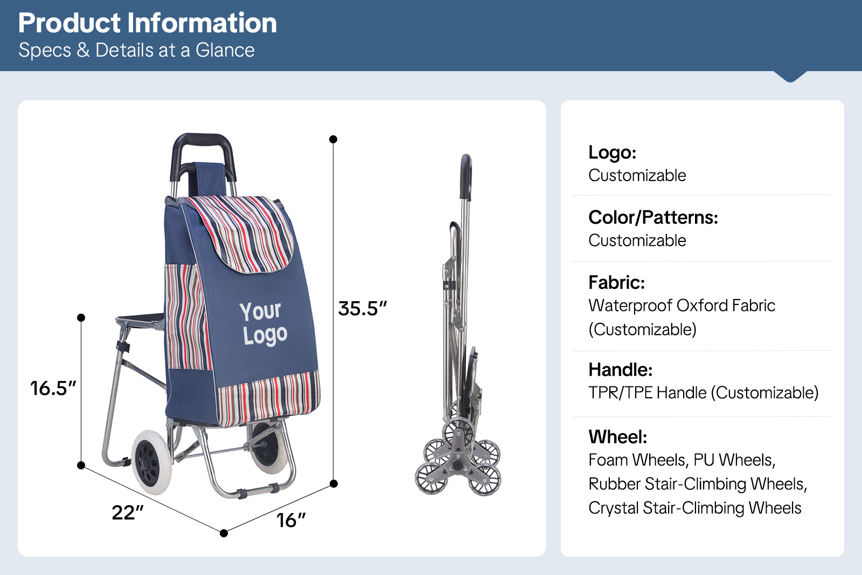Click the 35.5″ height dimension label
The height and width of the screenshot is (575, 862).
click(362, 308)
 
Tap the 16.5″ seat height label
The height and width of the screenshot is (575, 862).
click(53, 388)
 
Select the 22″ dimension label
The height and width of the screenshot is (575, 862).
click(127, 512)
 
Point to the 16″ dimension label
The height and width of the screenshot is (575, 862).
click(290, 521)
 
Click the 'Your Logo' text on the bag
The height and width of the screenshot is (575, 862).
click(263, 323)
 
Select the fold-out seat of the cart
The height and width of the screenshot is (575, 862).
click(141, 319)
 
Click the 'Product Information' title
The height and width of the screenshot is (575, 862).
click(148, 23)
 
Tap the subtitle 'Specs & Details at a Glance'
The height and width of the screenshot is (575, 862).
click(137, 50)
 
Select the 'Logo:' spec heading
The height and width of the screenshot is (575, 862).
click(612, 152)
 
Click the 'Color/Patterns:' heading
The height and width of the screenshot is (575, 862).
click(653, 218)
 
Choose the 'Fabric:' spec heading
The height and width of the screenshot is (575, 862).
click(616, 282)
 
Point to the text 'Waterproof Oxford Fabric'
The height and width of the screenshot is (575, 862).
click(682, 306)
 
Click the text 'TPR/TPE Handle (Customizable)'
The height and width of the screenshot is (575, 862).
click(703, 393)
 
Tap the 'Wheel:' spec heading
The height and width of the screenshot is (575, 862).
click(617, 437)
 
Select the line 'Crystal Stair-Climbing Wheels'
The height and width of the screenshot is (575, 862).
click(694, 508)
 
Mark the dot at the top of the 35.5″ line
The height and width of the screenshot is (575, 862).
click(333, 140)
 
